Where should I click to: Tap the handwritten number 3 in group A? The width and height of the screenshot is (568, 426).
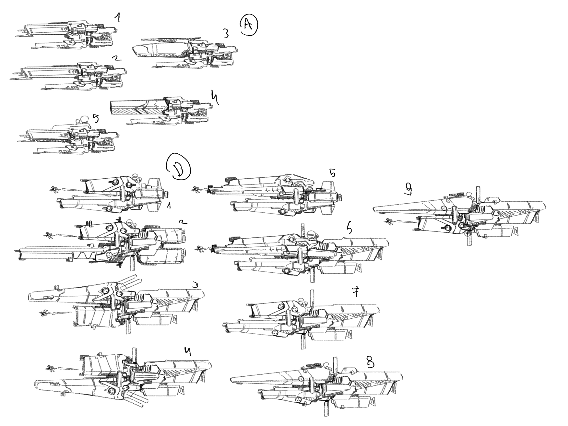pos(226,34)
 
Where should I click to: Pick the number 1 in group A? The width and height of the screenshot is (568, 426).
pos(117,18)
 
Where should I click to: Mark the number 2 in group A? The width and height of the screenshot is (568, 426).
pos(116,58)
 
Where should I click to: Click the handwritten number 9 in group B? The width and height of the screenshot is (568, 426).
pos(408,188)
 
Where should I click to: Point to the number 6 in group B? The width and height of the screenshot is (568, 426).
pos(349,227)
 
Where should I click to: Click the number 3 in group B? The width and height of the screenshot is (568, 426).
pos(195,285)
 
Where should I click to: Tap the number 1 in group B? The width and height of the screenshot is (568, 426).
pos(169,206)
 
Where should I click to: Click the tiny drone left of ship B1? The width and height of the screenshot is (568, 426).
pos(53,189)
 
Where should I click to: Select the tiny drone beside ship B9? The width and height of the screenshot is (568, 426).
pos(388,221)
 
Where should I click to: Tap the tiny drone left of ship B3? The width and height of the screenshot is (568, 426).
pos(44,313)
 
